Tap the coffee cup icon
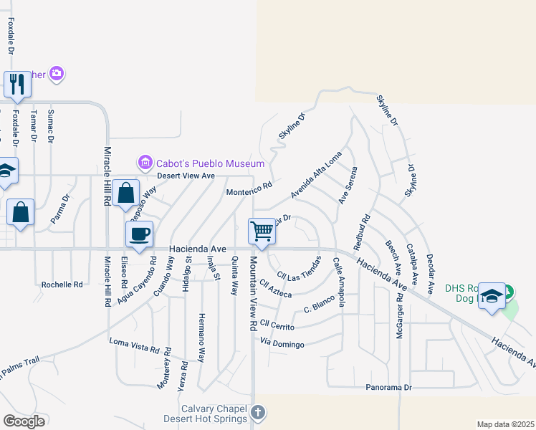[x=139, y=233]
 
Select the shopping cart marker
[x=262, y=231]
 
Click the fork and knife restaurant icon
[x=16, y=84]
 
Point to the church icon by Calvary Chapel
[x=259, y=413]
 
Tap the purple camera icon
[x=57, y=73]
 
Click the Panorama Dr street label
[x=389, y=387]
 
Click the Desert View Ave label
[x=186, y=176]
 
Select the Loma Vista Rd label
[x=134, y=345]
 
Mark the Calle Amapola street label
[x=339, y=282]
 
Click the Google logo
[x=24, y=421]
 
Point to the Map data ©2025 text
[x=505, y=424]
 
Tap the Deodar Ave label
[x=431, y=272]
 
